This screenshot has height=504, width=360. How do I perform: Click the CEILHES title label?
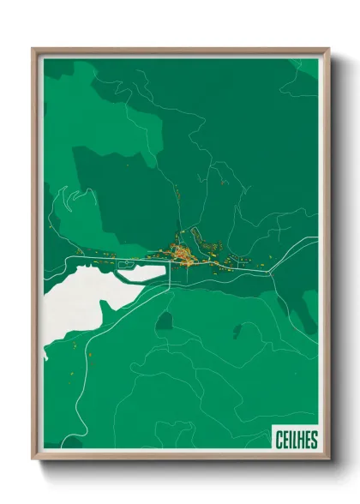click(296, 440)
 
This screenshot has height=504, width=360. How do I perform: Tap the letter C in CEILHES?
click(280, 440)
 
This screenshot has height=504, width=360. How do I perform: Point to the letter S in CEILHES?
click(313, 440)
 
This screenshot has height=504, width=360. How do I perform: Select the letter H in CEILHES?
click(301, 440)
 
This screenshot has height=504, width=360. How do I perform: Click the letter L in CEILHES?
click(295, 440)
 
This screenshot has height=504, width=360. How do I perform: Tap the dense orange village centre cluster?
click(182, 253)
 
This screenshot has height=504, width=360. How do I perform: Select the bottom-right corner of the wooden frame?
click(327, 459)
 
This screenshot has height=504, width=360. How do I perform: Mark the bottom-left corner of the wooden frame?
click(35, 459)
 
